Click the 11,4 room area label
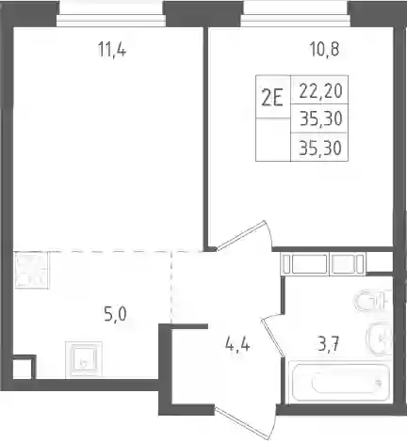[x=112, y=50]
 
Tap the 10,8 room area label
[x=324, y=49]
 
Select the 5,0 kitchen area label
[x=115, y=314]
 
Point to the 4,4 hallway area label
[x=237, y=345]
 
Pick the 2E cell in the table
[x=273, y=97]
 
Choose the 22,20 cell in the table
[x=319, y=90]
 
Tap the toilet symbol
[x=372, y=301]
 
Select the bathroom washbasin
[x=380, y=339]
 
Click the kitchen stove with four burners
[x=31, y=270]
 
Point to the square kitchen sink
[x=84, y=360]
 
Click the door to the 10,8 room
[x=242, y=236]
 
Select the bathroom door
[x=272, y=336]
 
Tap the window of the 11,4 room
[x=111, y=15]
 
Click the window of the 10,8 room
[x=295, y=15]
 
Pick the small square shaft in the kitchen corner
[x=23, y=369]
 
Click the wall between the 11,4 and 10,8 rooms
[x=205, y=138]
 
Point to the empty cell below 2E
[x=273, y=140]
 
